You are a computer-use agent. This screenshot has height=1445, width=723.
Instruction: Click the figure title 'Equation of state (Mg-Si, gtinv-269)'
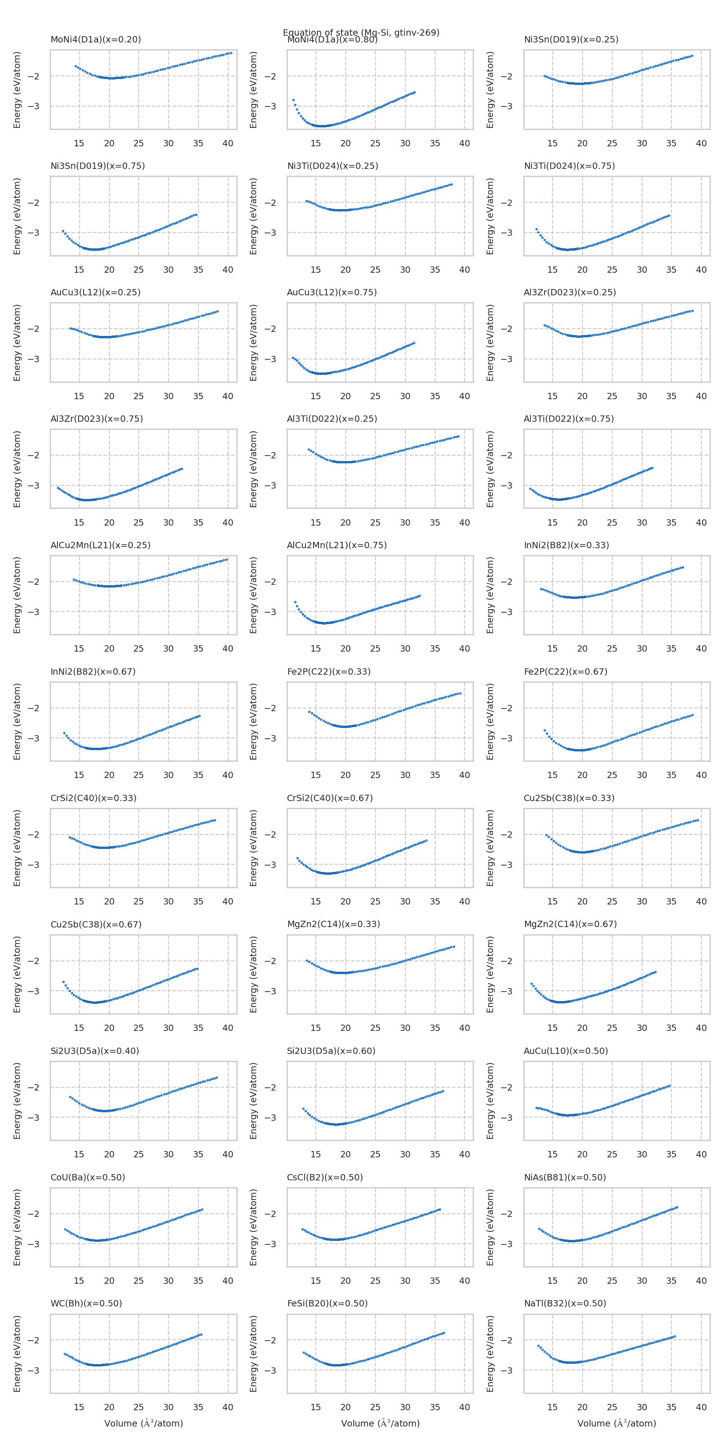click(x=361, y=33)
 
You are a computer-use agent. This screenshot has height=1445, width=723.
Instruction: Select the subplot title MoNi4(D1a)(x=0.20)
click(x=95, y=40)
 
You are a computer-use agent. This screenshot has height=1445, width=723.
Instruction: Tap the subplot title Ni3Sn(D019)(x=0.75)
click(x=98, y=166)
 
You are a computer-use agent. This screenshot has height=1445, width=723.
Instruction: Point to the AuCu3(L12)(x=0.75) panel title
click(x=332, y=292)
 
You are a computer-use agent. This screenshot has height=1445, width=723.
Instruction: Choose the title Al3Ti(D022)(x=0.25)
click(x=332, y=419)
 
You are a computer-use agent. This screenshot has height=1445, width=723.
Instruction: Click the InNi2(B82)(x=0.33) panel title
click(x=566, y=545)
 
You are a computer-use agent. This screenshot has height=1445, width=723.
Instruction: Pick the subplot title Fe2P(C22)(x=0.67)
click(x=565, y=671)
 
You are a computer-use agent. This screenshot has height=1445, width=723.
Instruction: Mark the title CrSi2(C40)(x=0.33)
click(x=93, y=798)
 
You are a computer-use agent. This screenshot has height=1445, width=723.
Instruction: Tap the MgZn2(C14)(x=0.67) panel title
click(x=570, y=924)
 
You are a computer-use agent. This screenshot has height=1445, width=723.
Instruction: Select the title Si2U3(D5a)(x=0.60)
click(x=331, y=1051)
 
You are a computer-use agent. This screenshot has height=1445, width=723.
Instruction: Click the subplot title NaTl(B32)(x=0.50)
click(x=565, y=1304)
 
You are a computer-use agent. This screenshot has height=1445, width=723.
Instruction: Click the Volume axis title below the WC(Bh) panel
click(x=144, y=1424)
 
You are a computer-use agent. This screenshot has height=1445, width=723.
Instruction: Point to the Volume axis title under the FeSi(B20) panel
click(x=380, y=1424)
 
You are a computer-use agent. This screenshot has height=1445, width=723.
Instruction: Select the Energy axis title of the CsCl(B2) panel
click(x=254, y=1228)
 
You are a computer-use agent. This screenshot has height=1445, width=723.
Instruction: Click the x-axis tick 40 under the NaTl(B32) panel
click(x=701, y=1408)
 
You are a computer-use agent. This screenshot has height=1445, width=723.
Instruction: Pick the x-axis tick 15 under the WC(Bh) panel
click(x=79, y=1408)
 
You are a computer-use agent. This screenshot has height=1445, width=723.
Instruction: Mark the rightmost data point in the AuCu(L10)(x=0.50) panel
click(x=669, y=1086)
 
